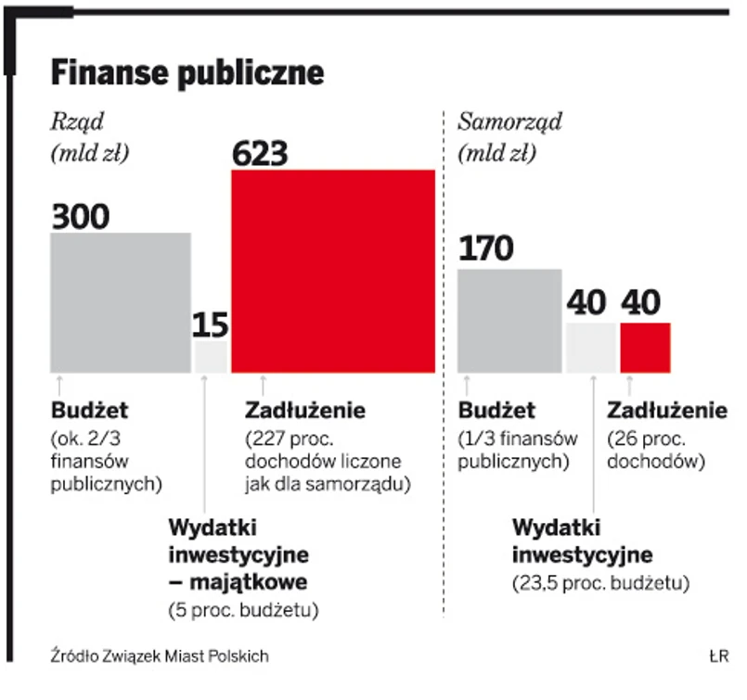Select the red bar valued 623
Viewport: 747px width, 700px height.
[x=332, y=272]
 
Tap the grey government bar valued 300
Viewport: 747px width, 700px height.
[x=120, y=302]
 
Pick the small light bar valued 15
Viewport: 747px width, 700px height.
[x=211, y=357]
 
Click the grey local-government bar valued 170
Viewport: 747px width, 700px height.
[x=509, y=321]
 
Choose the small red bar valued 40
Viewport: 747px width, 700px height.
[x=645, y=348]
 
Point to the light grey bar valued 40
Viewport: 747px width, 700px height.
[x=591, y=348]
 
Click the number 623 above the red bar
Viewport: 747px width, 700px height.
[x=261, y=153]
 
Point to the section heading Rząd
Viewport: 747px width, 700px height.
[x=77, y=121]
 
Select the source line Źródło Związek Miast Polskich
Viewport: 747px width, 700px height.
[x=160, y=655]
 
